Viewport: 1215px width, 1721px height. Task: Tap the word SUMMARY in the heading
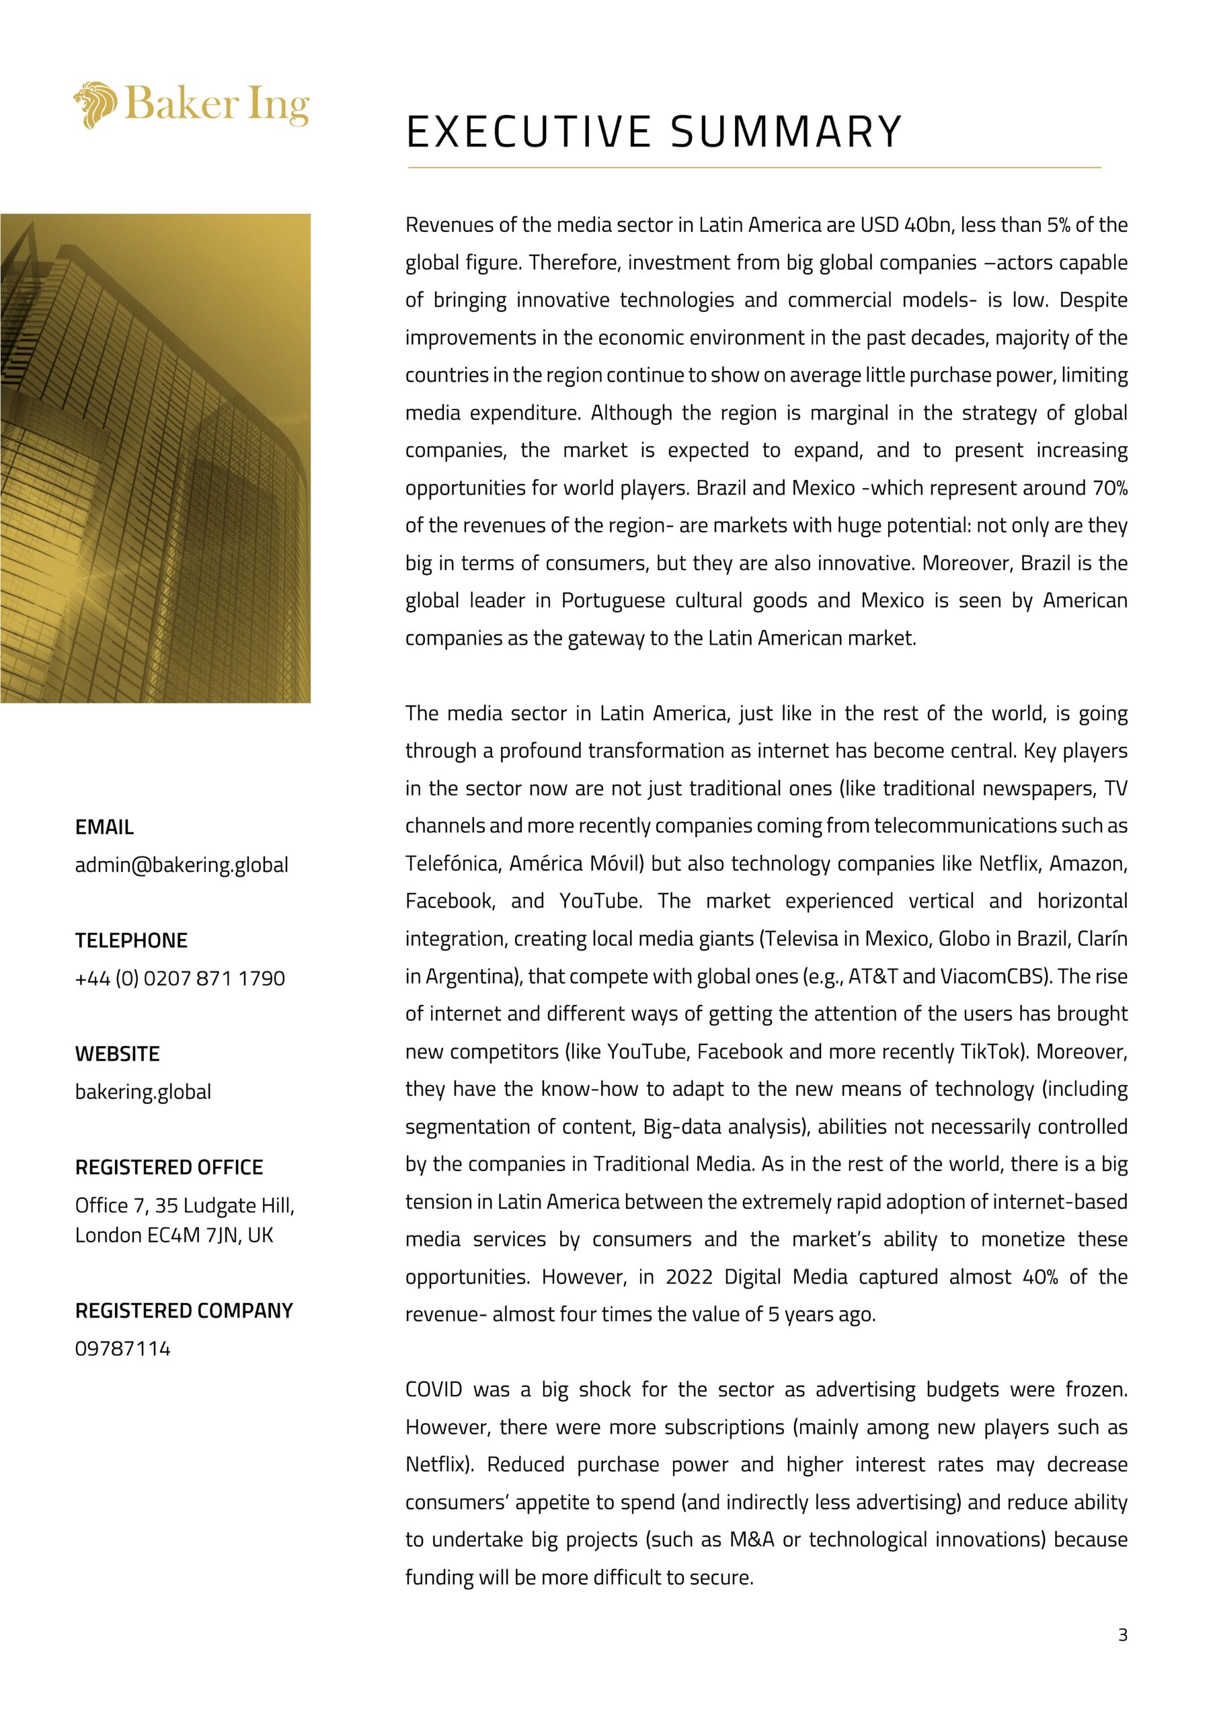point(786,132)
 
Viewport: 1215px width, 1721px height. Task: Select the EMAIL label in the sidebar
point(104,828)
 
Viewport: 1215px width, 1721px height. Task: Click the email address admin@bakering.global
point(182,865)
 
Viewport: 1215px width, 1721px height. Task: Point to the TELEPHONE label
point(131,940)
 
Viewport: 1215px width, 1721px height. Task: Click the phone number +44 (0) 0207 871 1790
point(180,978)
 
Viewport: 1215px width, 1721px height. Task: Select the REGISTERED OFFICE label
point(169,1167)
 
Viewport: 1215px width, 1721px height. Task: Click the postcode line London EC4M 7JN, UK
point(174,1235)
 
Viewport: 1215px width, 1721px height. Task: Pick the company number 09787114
point(123,1349)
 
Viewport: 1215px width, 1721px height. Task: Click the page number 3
point(1122,1635)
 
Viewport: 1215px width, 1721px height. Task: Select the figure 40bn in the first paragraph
point(928,225)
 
